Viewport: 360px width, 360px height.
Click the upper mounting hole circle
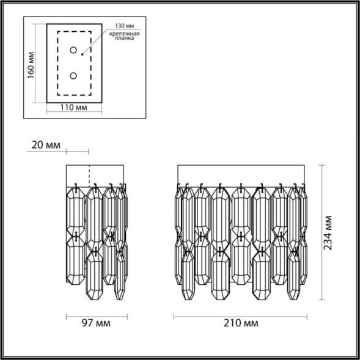point(73,50)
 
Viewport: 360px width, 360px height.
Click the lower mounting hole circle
point(73,76)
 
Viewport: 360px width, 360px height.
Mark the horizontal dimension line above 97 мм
point(96,316)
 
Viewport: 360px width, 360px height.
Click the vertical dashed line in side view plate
point(89,174)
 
